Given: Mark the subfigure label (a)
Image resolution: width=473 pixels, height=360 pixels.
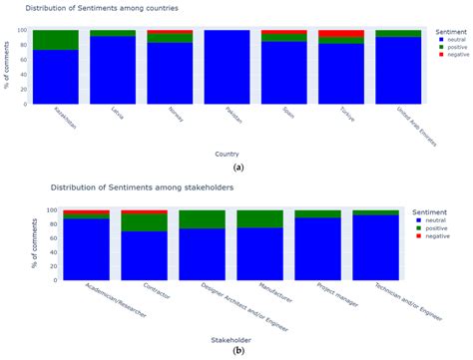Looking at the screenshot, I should coord(232,168).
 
